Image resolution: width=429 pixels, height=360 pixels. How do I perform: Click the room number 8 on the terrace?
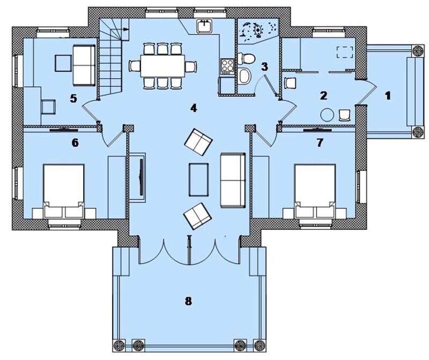(x=188, y=301)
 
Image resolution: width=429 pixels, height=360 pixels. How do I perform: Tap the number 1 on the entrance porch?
(x=388, y=96)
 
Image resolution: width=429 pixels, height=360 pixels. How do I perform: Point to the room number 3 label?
(x=264, y=66)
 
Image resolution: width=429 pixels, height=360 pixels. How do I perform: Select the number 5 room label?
(x=73, y=99)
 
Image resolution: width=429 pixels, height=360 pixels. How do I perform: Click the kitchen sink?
(x=204, y=26)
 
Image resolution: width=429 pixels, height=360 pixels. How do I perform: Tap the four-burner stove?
(x=227, y=66)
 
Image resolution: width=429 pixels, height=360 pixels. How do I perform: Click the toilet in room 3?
(x=246, y=58)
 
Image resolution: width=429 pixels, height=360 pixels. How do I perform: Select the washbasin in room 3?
(x=245, y=76)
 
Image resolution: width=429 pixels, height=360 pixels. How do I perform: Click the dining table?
(x=163, y=65)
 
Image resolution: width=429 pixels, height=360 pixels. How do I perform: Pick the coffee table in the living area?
(x=198, y=179)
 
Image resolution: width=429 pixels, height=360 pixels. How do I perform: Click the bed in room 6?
(x=63, y=191)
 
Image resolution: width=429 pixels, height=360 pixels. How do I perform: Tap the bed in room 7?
(x=315, y=191)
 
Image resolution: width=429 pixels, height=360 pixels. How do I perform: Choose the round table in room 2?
(x=327, y=115)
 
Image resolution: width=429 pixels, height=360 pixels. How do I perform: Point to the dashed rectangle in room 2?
(x=345, y=52)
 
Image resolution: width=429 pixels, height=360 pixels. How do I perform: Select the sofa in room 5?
(x=84, y=65)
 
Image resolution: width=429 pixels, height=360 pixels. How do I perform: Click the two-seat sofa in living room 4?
(x=233, y=181)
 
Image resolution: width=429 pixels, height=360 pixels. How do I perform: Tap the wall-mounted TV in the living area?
(x=142, y=177)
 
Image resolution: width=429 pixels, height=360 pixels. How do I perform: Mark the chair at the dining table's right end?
(x=191, y=66)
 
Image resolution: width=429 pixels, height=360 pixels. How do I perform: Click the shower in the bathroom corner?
(x=258, y=31)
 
